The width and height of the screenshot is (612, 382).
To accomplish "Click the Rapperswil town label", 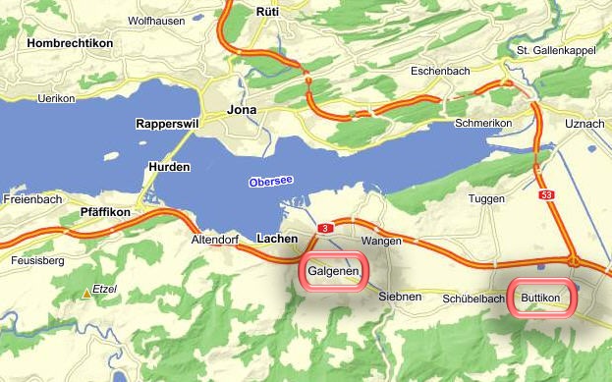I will [x=168, y=125].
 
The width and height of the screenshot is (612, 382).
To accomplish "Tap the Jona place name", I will [x=242, y=109].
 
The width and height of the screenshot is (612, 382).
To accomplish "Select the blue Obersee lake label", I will [x=271, y=182].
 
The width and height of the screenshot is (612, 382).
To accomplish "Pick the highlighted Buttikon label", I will [x=540, y=298].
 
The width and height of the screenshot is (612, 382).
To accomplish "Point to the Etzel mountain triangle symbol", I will [x=86, y=292].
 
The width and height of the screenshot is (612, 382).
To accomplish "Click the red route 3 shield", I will [x=323, y=229].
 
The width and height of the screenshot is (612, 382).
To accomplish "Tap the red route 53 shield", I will [x=547, y=196].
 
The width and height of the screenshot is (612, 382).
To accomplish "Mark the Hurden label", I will [x=169, y=167].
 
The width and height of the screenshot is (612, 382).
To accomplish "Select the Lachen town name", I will [x=276, y=239].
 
